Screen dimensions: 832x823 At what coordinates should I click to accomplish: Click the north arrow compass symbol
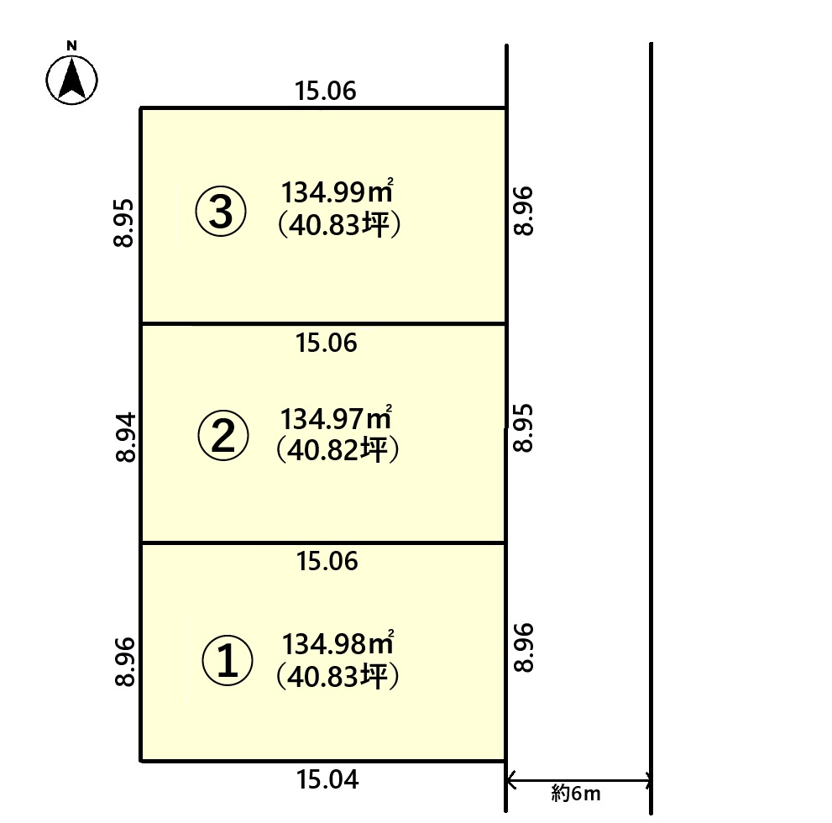[x=71, y=80]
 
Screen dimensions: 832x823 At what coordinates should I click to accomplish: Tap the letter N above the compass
[x=71, y=45]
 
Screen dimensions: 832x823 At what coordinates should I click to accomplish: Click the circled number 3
[x=221, y=211]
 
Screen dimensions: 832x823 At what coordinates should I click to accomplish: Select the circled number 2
[x=222, y=435]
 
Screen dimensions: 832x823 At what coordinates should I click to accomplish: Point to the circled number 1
[x=228, y=661]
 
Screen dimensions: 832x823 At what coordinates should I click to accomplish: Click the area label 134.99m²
[x=337, y=191]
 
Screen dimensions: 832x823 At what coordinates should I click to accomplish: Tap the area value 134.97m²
[x=336, y=418]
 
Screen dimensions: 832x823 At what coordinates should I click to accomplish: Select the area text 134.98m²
[x=338, y=643]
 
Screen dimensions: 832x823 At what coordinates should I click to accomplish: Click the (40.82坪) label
[x=338, y=450]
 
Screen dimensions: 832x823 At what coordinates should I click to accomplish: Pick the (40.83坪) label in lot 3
[x=339, y=225]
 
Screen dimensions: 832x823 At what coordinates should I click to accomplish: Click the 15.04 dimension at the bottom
[x=327, y=779]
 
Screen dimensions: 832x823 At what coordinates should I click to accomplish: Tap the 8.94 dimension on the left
[x=126, y=438]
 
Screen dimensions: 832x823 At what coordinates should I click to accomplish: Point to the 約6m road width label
[x=576, y=794]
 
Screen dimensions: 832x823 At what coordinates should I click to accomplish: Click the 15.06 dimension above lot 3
[x=325, y=91]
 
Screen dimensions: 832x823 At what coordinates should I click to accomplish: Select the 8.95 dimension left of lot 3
[x=123, y=223]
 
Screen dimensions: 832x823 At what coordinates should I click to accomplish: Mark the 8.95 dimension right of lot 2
[x=523, y=428]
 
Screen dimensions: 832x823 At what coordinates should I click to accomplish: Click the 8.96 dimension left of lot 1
[x=125, y=662]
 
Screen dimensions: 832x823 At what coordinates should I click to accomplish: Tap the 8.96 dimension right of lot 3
[x=524, y=211]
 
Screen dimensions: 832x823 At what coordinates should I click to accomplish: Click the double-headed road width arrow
[x=579, y=780]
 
